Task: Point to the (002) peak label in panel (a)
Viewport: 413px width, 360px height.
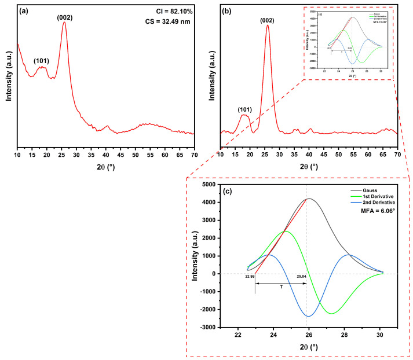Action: coord(64,17)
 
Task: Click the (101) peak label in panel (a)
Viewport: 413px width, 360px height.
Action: coord(42,61)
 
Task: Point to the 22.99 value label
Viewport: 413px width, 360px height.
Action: coord(250,277)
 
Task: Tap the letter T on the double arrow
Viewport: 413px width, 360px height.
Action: coord(280,287)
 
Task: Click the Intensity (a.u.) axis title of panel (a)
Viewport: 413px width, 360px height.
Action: coord(9,76)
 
